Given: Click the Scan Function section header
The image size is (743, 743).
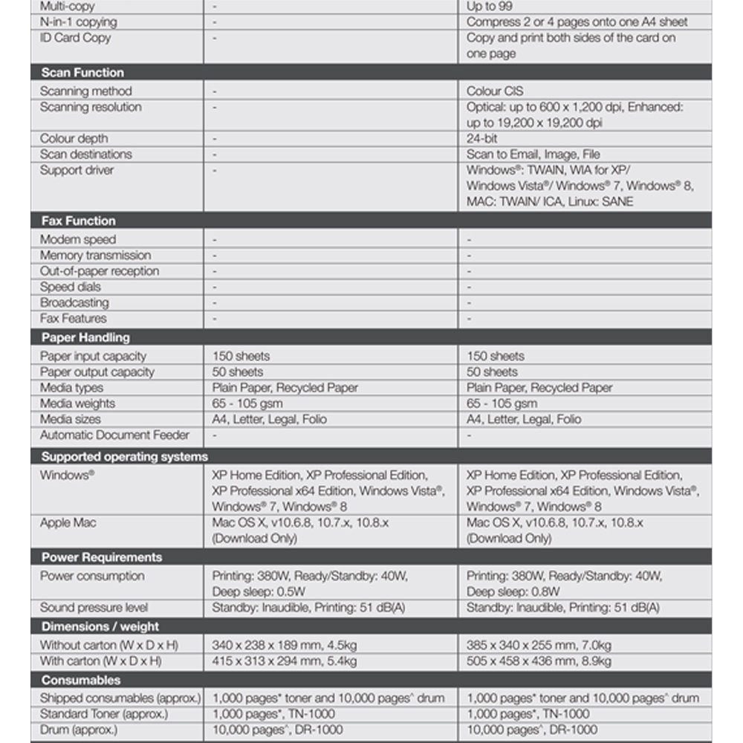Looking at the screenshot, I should tap(82, 73).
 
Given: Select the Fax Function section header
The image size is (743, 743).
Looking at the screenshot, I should tap(78, 221).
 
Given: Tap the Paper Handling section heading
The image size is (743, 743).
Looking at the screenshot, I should tap(85, 337).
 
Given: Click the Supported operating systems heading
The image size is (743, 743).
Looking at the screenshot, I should tap(124, 456).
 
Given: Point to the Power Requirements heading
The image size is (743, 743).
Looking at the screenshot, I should tap(101, 557).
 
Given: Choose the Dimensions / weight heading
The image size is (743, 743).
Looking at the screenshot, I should tap(100, 626).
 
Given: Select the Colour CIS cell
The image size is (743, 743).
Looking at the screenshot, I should tap(495, 91).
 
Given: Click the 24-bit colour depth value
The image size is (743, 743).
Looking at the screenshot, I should tap(481, 138).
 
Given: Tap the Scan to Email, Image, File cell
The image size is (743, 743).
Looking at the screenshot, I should tap(533, 154).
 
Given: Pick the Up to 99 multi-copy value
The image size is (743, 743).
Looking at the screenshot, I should tap(489, 6).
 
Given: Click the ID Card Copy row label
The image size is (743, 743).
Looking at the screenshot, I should tap(75, 37).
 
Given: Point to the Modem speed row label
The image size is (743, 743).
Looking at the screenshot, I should tap(78, 239).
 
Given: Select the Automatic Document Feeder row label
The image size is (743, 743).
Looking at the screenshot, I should tap(114, 435).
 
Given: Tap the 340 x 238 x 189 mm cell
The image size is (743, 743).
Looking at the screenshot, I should tap(284, 645).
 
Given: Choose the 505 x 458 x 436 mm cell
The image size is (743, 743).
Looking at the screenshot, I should tap(539, 661).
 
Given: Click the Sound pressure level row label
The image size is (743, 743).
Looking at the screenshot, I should tap(94, 607).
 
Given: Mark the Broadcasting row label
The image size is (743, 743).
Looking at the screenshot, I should tap(74, 302).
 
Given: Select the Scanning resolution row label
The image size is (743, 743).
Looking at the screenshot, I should tap(91, 107).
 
